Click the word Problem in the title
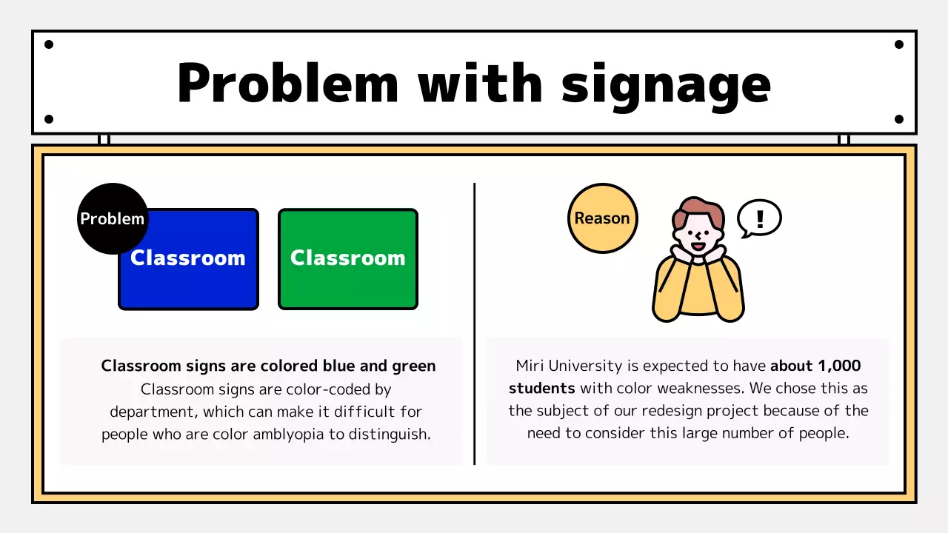[x=288, y=83]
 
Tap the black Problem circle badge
[x=112, y=218]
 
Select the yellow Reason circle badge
[x=602, y=218]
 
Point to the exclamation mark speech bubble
[x=759, y=218]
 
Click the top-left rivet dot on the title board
[x=49, y=44]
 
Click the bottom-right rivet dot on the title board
[x=899, y=119]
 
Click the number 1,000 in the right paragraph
[x=839, y=366]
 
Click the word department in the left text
[x=151, y=412]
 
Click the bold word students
[x=541, y=388]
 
